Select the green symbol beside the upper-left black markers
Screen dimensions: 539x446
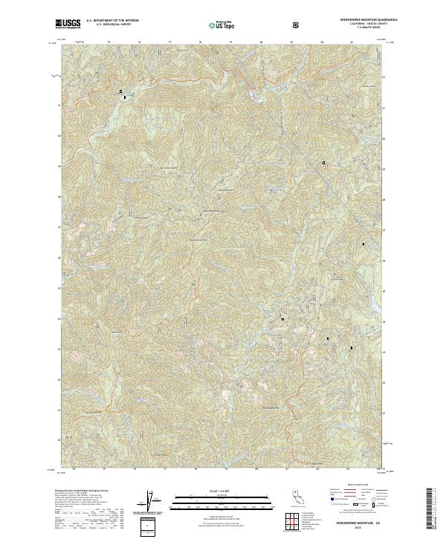tap(131, 94)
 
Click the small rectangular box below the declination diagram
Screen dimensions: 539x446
tap(150, 523)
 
